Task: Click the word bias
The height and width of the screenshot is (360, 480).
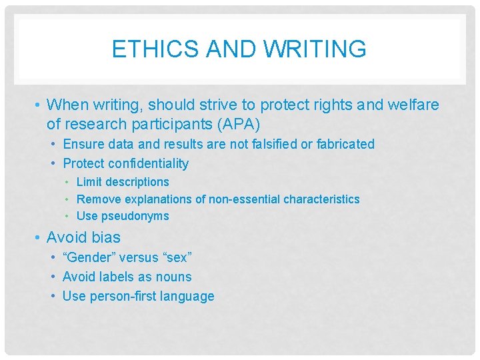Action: [x=107, y=237]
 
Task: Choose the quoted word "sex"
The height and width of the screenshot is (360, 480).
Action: [x=177, y=257]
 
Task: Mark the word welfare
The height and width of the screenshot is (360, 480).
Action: [x=414, y=105]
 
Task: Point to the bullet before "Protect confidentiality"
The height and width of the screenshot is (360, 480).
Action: [x=53, y=163]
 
